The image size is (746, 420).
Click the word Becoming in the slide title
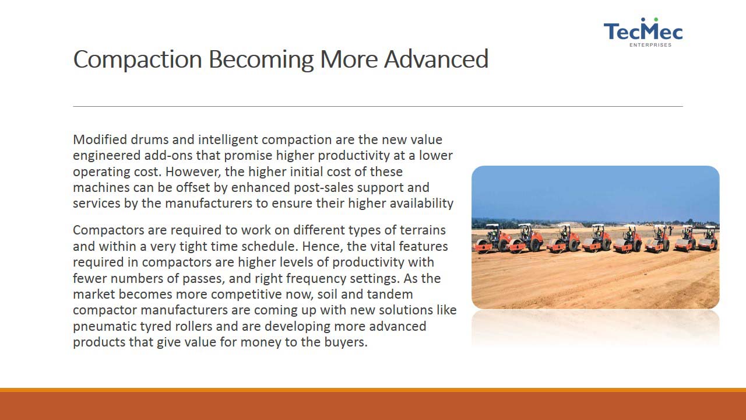point(261,60)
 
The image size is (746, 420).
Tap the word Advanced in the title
point(437,59)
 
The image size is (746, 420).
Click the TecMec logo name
point(643,32)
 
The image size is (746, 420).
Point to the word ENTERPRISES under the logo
point(650,45)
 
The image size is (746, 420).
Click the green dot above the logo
point(656,20)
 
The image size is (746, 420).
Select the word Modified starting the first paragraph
point(100,139)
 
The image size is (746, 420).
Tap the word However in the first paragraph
point(193,171)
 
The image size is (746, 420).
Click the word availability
point(421,204)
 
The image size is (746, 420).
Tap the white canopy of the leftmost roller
point(493,226)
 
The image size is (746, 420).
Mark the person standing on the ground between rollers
point(670,230)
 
